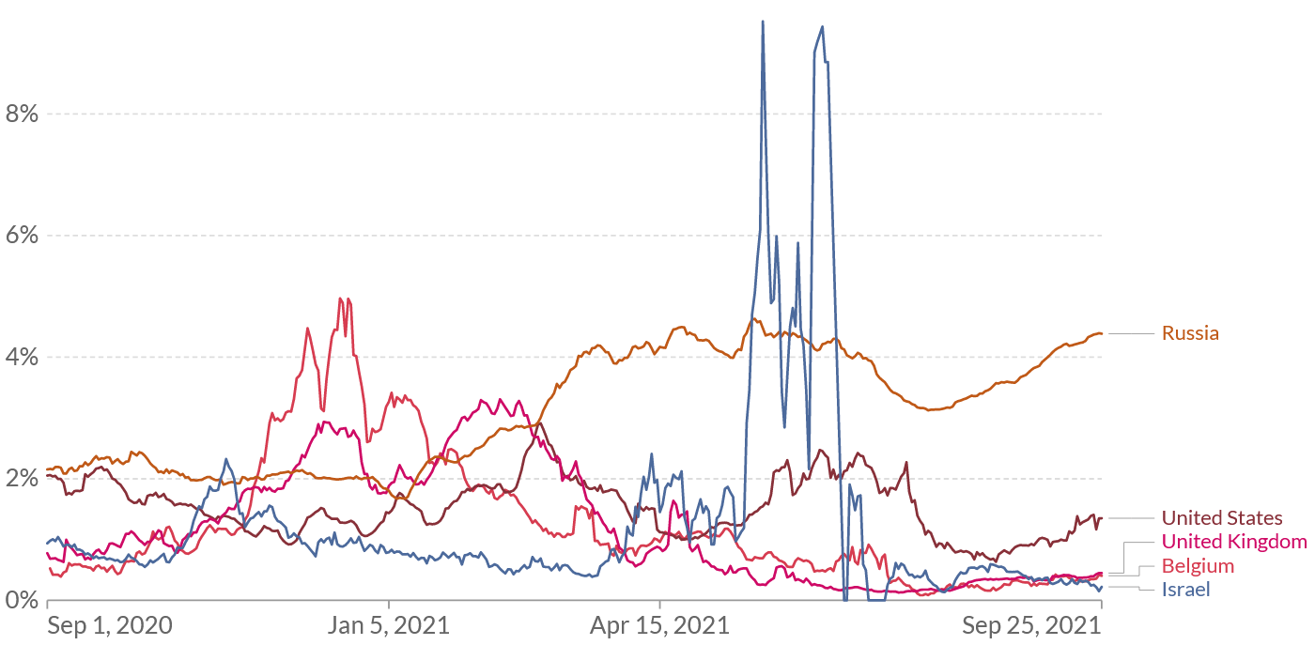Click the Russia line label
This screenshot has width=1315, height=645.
[1190, 333]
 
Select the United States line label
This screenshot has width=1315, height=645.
[1221, 518]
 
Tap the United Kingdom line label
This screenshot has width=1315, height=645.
[1234, 542]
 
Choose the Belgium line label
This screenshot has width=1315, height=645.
[1198, 566]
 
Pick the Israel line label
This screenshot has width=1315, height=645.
[1185, 590]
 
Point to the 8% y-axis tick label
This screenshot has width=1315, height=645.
[21, 114]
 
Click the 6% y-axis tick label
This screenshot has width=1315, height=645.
[21, 236]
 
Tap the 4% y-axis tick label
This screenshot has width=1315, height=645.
[21, 358]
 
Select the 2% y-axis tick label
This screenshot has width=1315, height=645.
[21, 479]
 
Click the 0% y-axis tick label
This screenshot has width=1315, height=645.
[21, 600]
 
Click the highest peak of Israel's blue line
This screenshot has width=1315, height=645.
[763, 21]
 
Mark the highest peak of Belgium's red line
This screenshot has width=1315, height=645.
[340, 299]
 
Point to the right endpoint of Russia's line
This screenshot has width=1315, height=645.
[1102, 334]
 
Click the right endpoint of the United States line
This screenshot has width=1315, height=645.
[1102, 517]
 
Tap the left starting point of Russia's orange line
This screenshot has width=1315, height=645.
[47, 468]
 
